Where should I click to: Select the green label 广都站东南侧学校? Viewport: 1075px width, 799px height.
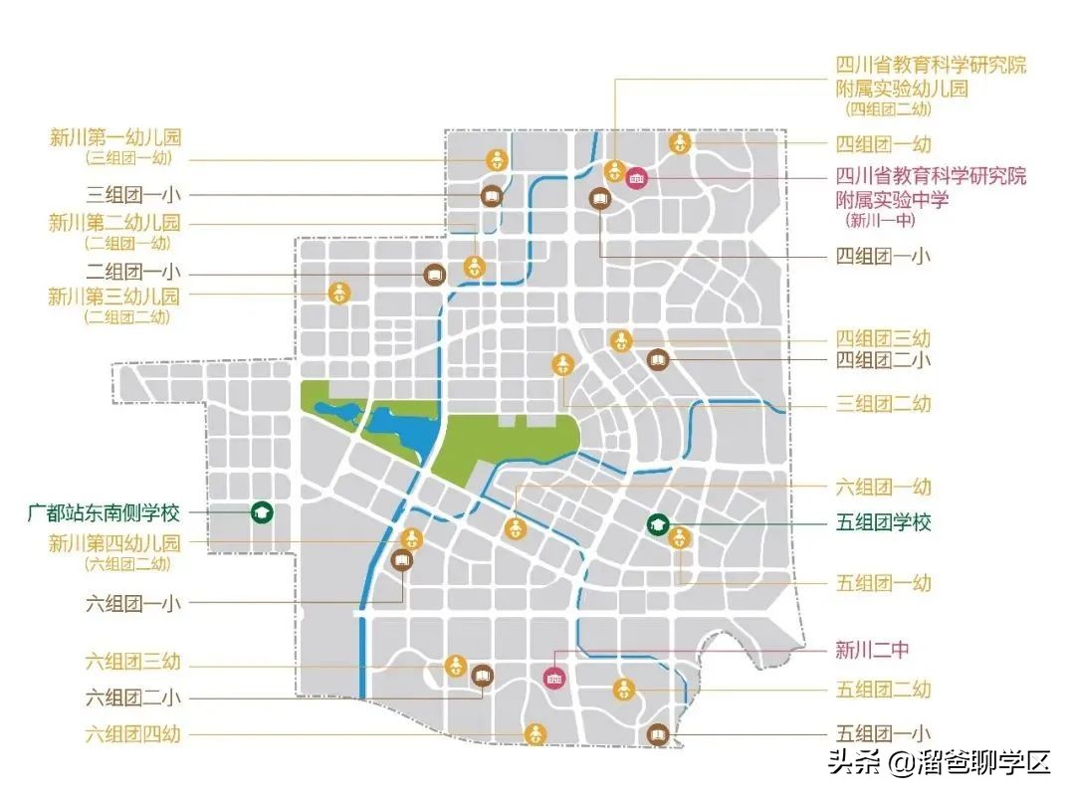point(105,513)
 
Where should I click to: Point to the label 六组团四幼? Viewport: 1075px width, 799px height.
point(133,735)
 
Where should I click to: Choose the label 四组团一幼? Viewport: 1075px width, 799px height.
point(883,143)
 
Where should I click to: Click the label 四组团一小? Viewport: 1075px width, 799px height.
point(883,256)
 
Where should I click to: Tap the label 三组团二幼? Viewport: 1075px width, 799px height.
point(883,404)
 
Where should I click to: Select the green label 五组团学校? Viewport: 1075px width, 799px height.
point(883,522)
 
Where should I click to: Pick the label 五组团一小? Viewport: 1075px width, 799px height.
point(883,734)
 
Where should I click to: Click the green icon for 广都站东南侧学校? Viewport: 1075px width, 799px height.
point(262,512)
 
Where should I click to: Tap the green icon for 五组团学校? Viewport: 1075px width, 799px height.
point(657,523)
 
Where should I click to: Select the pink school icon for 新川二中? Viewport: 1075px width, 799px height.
point(554,677)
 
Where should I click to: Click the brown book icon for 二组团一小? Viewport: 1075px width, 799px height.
point(434,273)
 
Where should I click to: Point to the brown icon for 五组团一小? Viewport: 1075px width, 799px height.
point(657,734)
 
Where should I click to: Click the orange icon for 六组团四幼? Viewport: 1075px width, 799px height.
point(536,734)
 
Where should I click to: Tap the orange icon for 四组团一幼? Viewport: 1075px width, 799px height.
point(680,143)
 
